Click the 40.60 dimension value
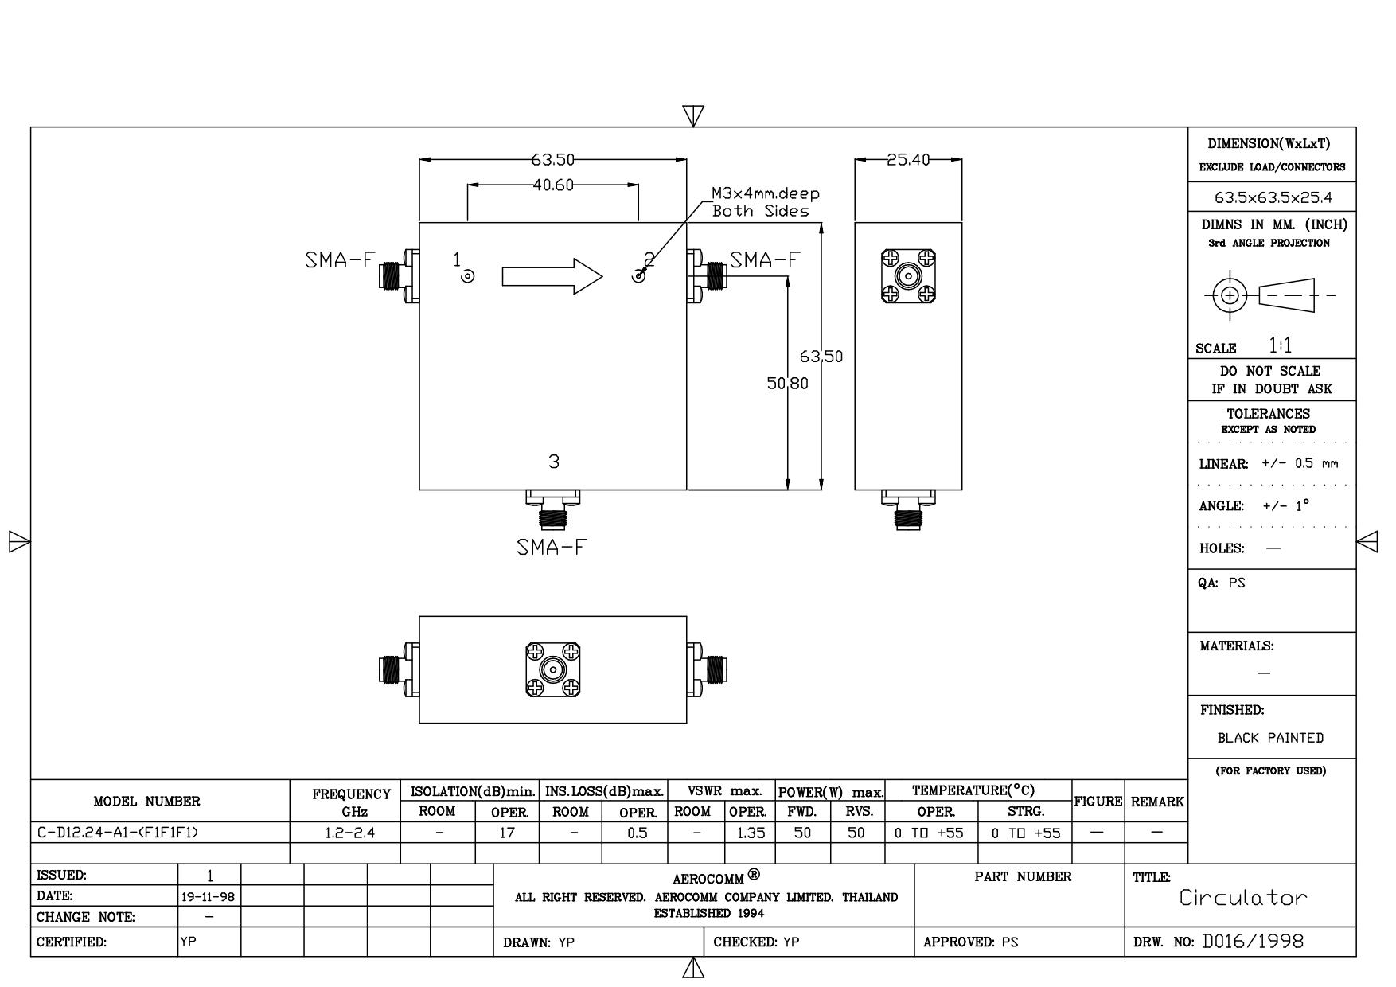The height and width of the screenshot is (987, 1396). point(553,185)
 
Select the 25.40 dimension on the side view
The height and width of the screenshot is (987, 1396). point(908,160)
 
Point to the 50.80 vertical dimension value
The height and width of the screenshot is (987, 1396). point(788,384)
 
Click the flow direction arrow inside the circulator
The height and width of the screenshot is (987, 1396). point(552,276)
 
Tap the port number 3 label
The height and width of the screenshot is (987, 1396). point(554,462)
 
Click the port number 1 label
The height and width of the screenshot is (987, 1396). point(457,259)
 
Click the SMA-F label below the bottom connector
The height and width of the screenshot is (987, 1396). point(552,548)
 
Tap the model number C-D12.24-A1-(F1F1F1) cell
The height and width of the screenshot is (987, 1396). point(118,833)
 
